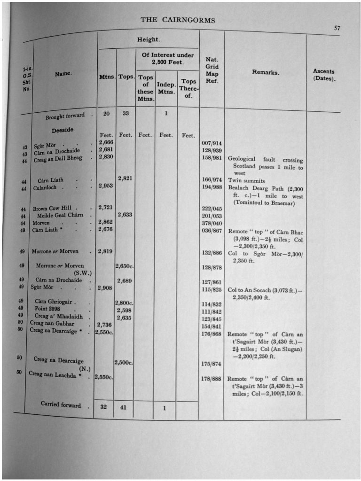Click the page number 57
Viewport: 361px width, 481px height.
(337, 28)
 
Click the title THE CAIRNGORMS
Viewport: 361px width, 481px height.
(178, 20)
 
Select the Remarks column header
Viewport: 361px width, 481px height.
(265, 73)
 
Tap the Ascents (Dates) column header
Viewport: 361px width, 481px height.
(324, 75)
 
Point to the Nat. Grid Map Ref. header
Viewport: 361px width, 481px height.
(212, 70)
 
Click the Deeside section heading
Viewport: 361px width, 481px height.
(63, 130)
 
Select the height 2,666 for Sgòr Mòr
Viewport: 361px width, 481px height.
(106, 143)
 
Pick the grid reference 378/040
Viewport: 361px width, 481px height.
(212, 224)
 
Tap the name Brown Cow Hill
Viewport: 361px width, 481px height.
(51, 209)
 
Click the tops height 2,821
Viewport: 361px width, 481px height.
(125, 178)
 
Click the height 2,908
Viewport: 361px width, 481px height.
(105, 287)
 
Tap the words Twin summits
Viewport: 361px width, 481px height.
(246, 180)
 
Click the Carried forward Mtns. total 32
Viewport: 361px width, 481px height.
(104, 407)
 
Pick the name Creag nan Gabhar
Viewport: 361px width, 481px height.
(52, 324)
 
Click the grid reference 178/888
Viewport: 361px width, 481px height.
(212, 379)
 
